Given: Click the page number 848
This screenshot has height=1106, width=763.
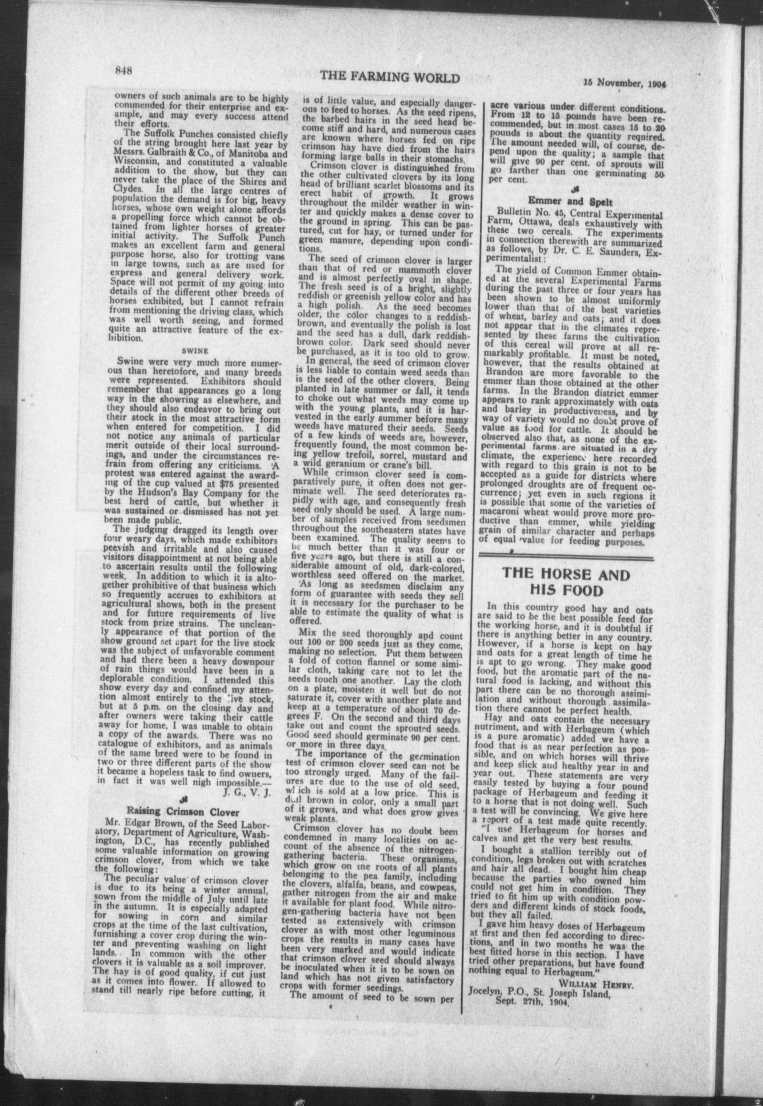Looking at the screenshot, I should (x=124, y=70).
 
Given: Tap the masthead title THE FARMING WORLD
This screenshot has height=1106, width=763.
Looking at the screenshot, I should (x=390, y=77).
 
